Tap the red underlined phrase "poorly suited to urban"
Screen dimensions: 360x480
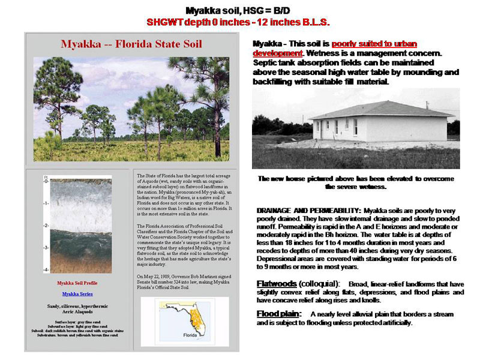coord(374,44)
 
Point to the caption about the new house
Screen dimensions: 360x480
coord(356,182)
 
